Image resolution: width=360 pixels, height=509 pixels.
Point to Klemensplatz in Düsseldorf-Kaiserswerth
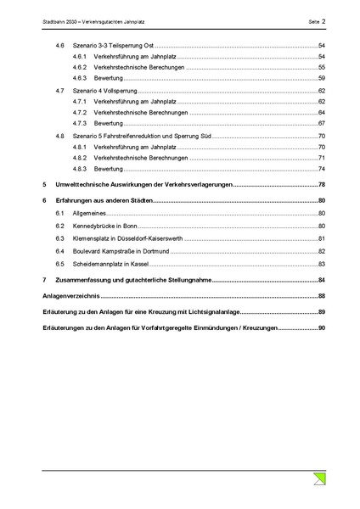tap(128, 239)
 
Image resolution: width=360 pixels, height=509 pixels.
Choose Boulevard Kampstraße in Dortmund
tap(125, 251)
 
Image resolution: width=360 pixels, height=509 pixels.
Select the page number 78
tap(322, 184)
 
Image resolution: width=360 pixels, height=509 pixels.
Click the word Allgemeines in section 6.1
tap(91, 214)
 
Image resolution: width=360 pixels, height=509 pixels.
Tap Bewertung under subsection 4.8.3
tap(110, 169)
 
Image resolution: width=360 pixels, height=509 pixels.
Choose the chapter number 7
tap(44, 279)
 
